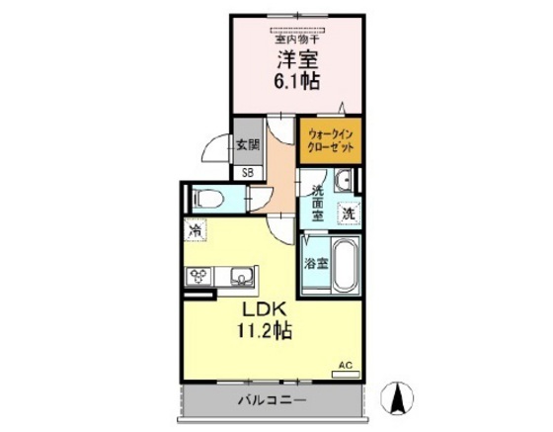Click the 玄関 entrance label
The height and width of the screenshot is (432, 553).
[247, 142]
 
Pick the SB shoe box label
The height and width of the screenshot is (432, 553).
[247, 172]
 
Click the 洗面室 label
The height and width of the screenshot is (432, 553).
[318, 201]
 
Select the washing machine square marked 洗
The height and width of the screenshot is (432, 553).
[348, 212]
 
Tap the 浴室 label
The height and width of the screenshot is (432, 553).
[316, 264]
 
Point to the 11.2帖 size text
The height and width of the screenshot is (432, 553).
[262, 333]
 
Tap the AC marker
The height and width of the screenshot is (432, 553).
[345, 365]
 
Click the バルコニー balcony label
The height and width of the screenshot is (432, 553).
[272, 400]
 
